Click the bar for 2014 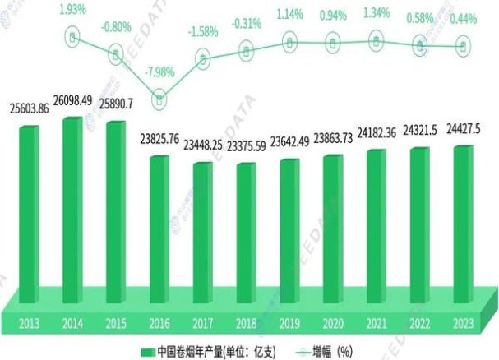point(72,205)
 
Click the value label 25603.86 point(30,110)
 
